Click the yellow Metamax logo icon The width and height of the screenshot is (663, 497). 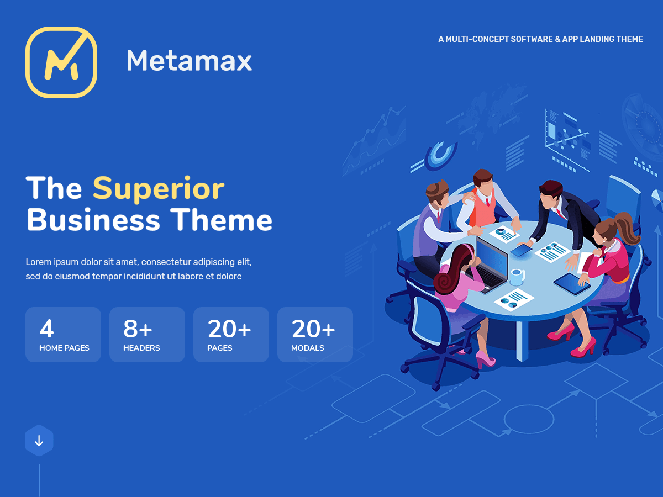[x=61, y=62]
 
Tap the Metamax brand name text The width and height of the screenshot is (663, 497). [x=189, y=61]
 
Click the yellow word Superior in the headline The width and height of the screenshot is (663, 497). [x=159, y=189]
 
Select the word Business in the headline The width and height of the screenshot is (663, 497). [x=93, y=220]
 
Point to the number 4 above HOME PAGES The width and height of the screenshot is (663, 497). [x=47, y=329]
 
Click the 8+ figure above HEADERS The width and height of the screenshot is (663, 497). [x=138, y=329]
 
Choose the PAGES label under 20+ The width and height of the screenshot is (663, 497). [x=219, y=348]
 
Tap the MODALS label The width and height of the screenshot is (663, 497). [x=308, y=348]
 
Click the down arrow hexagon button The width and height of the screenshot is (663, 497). [x=39, y=441]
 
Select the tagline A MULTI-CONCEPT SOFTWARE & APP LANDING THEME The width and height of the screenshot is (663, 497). [x=541, y=39]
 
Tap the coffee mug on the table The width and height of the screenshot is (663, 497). [x=517, y=277]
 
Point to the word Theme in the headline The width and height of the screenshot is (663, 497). [x=222, y=220]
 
